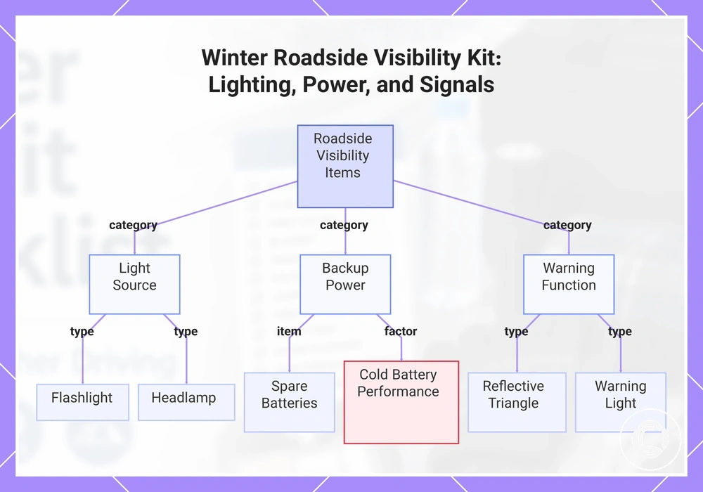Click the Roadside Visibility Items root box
(345, 167)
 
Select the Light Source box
(134, 285)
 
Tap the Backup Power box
(345, 285)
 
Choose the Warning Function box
(569, 285)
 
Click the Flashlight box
(82, 402)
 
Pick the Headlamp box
(186, 402)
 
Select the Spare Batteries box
(290, 402)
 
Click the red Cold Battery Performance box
(401, 402)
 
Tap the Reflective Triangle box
(517, 402)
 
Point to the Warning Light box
(621, 402)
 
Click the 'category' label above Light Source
(133, 225)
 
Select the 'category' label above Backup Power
(344, 225)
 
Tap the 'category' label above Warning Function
(567, 225)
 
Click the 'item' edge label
(289, 331)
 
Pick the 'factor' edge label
(401, 331)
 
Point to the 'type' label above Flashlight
(82, 332)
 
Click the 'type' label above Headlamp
(186, 332)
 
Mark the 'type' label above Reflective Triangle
(517, 332)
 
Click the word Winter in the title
(235, 58)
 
